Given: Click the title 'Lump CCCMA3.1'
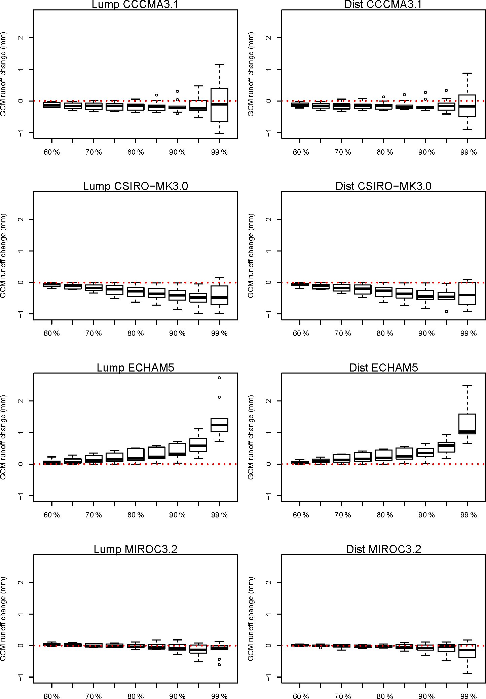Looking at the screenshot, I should pos(135,4).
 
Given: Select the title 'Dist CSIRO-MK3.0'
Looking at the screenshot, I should pos(383,186).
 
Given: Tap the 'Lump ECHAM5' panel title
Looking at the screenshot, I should pos(135,367).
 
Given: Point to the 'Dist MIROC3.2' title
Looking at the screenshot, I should pos(383,549).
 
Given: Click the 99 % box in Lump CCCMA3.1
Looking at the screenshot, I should pos(219,105).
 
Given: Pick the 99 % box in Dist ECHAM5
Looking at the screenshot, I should pos(467,424).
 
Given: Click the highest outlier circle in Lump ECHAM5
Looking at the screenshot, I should pos(219,378).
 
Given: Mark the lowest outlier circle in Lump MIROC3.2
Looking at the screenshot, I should pos(219,665).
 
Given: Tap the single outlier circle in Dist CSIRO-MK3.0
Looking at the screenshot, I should pos(446,311).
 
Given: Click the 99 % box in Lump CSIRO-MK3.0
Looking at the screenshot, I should pos(219,295).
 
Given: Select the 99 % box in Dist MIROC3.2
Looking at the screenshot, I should pos(467,651).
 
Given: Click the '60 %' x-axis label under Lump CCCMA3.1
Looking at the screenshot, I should pos(51,152).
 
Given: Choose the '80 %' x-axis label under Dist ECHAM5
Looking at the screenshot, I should pos(384,515).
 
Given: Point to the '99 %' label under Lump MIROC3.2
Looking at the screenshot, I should pos(219,696).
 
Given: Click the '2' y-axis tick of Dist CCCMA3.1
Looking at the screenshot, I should pos(269,38).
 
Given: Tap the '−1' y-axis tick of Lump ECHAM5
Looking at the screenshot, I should pos(21,496).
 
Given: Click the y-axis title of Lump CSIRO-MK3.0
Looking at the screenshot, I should pos(3,256).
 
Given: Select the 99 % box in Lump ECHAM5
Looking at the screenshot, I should pos(219,425).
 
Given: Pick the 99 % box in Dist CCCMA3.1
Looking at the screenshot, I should pos(467,106).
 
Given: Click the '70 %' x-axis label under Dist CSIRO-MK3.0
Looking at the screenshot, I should pos(342,333).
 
